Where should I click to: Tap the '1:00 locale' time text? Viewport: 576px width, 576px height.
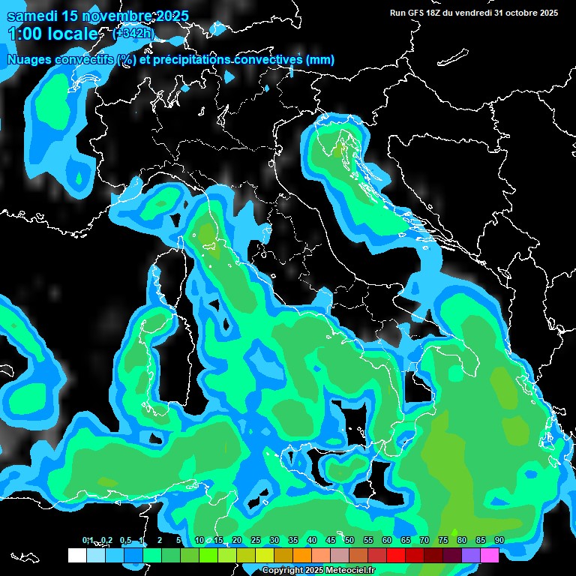52,34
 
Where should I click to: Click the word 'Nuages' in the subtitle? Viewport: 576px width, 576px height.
30,59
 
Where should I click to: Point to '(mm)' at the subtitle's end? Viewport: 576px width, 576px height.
320,59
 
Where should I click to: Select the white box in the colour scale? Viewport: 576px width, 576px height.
76,555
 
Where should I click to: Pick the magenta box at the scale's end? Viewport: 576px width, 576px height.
490,555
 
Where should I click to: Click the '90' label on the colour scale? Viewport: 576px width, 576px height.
499,540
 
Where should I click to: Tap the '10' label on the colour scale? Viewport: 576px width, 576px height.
199,540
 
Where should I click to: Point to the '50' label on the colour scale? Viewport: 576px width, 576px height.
349,540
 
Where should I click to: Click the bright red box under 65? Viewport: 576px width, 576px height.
396,555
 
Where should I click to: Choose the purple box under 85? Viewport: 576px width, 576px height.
471,555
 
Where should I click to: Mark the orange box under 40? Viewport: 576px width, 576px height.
302,555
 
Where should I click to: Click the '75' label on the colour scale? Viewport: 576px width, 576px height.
442,540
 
